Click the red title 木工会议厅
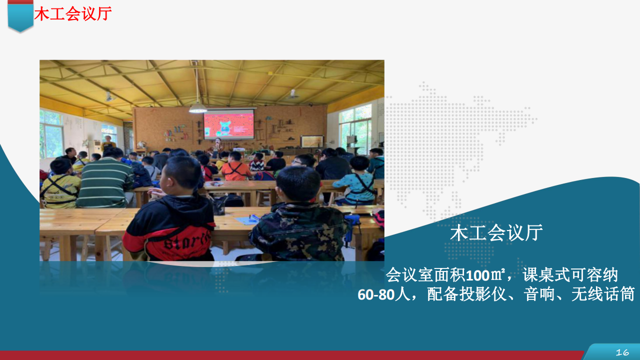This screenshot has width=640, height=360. click(72, 13)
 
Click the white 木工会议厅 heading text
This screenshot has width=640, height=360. click(496, 232)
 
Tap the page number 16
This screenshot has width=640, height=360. click(622, 352)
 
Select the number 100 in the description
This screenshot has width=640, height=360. click(478, 275)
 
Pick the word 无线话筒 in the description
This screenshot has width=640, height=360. click(603, 294)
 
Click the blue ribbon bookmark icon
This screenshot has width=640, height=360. click(20, 15)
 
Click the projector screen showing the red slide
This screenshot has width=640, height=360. click(228, 125)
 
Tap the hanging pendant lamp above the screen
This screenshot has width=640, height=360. click(197, 108)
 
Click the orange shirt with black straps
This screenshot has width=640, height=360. click(235, 171)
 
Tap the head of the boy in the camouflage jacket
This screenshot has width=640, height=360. click(298, 184)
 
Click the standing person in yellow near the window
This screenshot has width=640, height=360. click(108, 143)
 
